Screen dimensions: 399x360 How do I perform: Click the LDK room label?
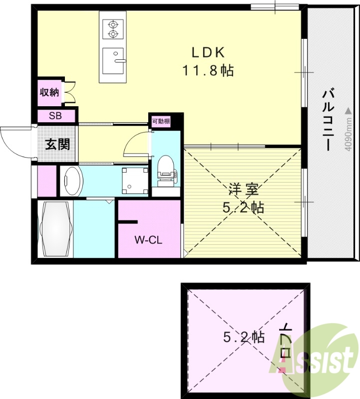(209, 52)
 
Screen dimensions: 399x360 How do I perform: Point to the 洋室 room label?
(244, 190)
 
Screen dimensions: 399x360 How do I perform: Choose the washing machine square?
(135, 180)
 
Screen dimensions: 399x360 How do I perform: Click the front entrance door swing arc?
(14, 143)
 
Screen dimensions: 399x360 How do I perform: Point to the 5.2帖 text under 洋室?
(244, 207)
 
